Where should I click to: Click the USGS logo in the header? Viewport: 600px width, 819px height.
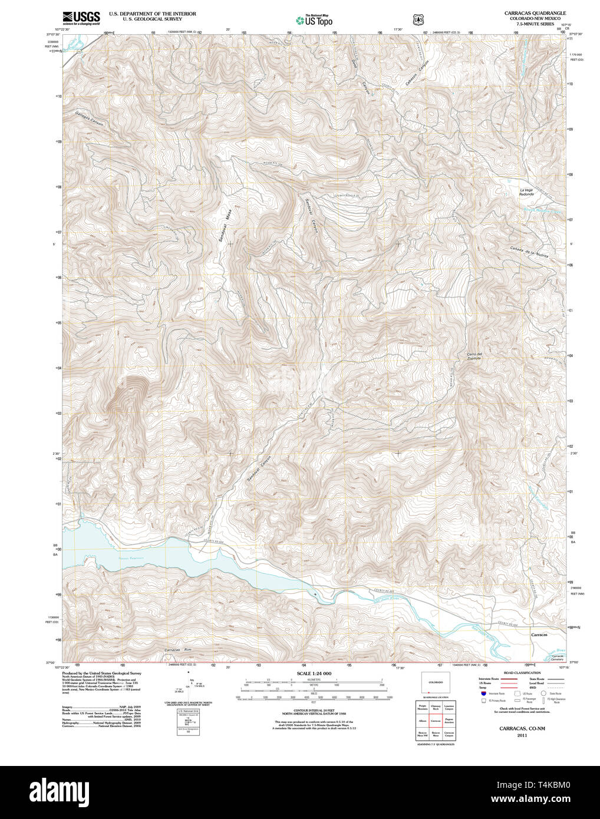(x=81, y=17)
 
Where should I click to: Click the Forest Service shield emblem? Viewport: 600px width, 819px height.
(x=418, y=19)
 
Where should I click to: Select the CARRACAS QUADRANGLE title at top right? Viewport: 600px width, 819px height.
(x=535, y=13)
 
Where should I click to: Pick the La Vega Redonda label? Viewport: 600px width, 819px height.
(x=526, y=192)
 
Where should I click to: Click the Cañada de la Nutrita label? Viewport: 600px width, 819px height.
(x=529, y=252)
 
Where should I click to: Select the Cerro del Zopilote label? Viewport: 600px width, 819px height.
(x=474, y=356)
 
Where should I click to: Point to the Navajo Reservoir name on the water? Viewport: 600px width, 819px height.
(x=130, y=556)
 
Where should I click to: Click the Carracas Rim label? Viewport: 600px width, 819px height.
(x=179, y=650)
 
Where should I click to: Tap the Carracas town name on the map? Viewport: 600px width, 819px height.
(x=539, y=635)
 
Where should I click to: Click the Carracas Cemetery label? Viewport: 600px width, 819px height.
(x=557, y=658)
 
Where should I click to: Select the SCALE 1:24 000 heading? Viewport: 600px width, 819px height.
(x=314, y=673)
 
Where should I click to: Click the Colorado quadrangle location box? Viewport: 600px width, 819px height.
(x=436, y=683)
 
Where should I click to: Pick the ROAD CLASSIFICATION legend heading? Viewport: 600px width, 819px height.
(x=522, y=673)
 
